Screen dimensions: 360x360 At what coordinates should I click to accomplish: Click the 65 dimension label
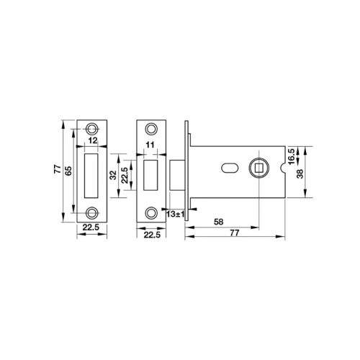(69, 171)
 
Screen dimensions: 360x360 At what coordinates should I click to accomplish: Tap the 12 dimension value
(93, 140)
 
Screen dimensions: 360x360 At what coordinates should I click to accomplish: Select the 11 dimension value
(150, 145)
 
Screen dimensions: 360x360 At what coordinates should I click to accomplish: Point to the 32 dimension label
(113, 175)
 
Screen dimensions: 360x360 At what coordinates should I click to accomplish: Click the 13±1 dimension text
(175, 214)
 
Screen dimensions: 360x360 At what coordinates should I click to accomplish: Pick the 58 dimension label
(219, 222)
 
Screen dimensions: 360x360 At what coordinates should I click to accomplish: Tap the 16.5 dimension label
(291, 156)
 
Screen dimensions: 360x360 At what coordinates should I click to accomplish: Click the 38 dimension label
(300, 174)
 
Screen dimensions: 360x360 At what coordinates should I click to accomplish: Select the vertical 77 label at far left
(58, 169)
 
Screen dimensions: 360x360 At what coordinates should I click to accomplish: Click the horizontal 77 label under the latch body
(235, 233)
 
